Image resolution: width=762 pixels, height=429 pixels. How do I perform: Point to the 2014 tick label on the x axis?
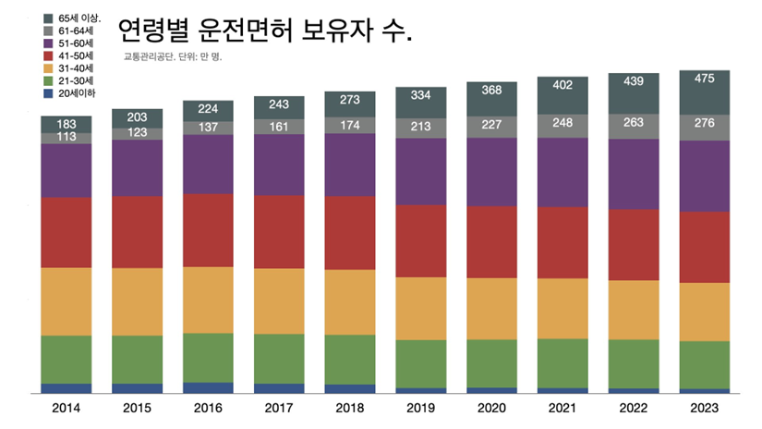pyautogui.click(x=66, y=407)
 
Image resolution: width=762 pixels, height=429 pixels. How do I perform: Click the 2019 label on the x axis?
pyautogui.click(x=421, y=407)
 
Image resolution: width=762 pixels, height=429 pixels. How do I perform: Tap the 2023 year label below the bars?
pyautogui.click(x=705, y=407)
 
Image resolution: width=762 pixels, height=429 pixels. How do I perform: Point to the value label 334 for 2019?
pyautogui.click(x=421, y=96)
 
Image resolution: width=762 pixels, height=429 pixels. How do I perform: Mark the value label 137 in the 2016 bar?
pyautogui.click(x=208, y=127)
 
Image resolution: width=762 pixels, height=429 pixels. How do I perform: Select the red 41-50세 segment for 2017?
pyautogui.click(x=279, y=231)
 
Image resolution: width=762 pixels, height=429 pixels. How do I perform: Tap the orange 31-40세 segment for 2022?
pyautogui.click(x=634, y=310)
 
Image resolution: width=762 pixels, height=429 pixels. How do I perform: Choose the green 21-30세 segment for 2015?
pyautogui.click(x=137, y=359)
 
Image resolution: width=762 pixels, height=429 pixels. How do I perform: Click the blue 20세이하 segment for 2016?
pyautogui.click(x=208, y=387)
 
